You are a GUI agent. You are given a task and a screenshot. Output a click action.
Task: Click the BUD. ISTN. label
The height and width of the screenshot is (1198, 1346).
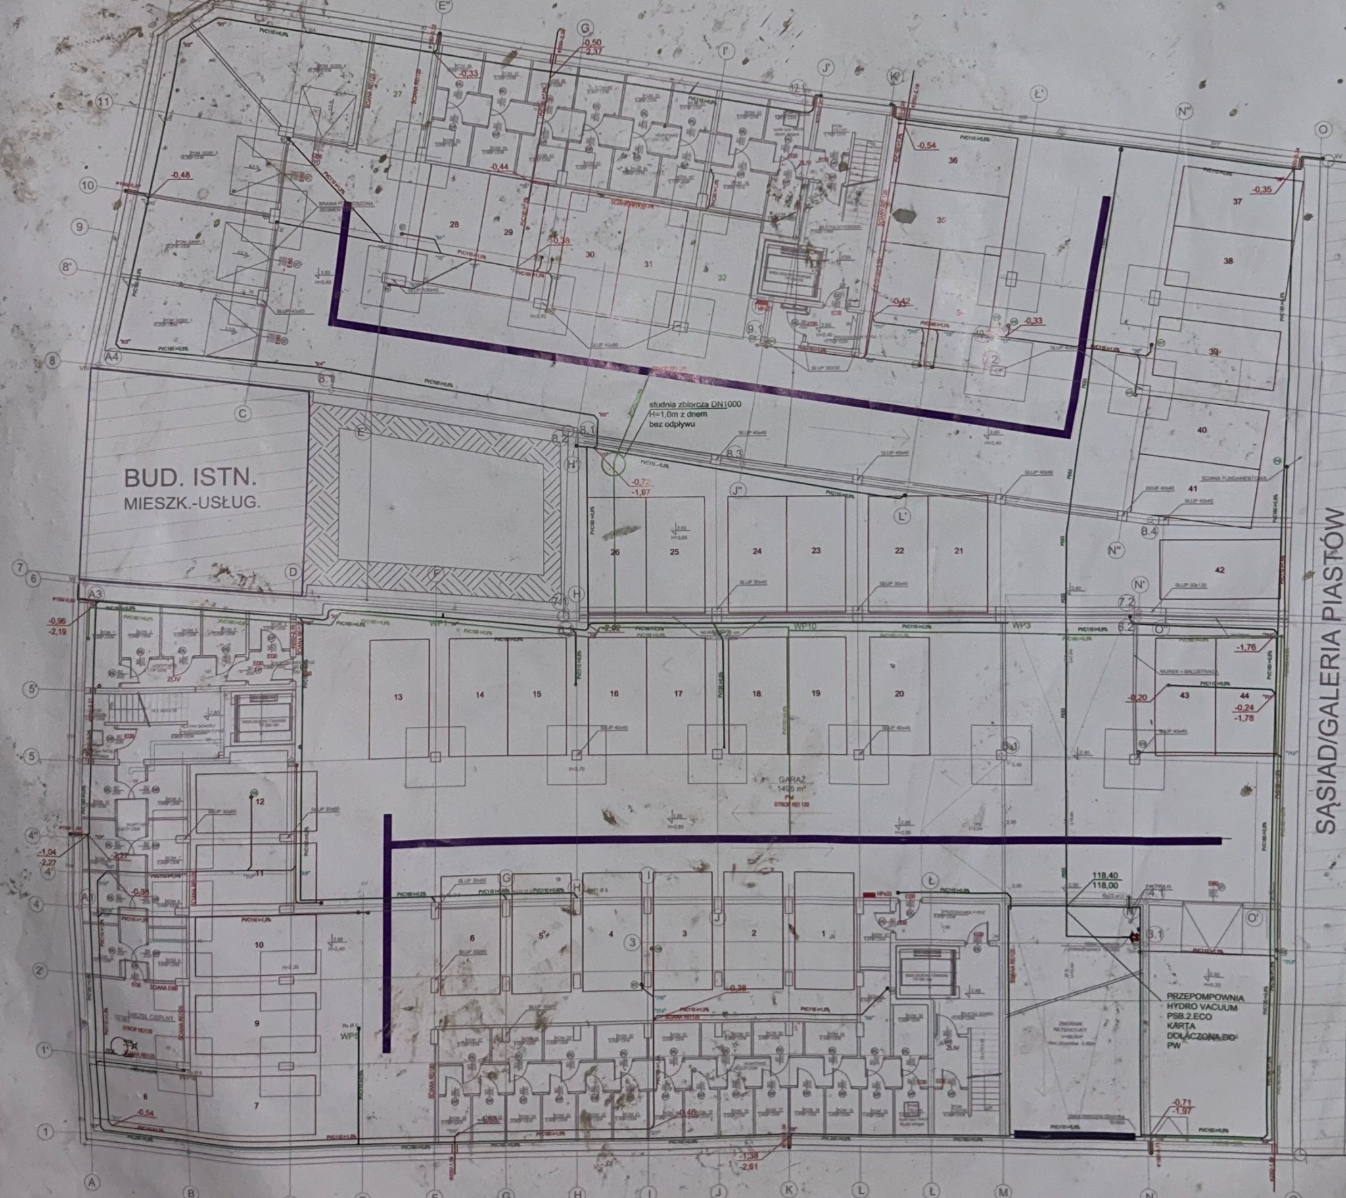click(x=191, y=476)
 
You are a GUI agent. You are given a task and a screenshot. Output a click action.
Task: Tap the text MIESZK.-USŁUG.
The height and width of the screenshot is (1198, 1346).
click(x=192, y=503)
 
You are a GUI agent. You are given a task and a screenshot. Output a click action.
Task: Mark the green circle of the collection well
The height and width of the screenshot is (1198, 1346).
click(x=613, y=464)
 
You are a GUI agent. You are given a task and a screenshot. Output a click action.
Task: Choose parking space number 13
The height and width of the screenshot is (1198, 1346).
click(x=398, y=697)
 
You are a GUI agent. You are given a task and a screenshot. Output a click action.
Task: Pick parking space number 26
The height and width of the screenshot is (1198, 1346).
click(x=615, y=552)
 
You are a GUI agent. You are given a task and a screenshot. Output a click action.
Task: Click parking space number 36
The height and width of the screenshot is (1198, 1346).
click(x=952, y=160)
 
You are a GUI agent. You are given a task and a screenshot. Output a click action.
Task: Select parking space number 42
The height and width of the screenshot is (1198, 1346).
click(x=1220, y=570)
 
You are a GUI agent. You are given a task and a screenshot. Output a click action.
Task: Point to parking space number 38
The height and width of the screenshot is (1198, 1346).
click(x=1228, y=261)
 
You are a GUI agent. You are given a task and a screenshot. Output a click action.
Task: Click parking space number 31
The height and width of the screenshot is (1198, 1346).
click(x=648, y=264)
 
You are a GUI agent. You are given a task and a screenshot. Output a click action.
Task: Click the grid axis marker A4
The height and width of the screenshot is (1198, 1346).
click(x=114, y=357)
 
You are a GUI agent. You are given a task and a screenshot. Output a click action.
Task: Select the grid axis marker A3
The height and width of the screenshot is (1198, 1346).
click(x=96, y=594)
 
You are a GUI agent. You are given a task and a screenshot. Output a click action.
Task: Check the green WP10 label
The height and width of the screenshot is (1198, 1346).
click(x=804, y=626)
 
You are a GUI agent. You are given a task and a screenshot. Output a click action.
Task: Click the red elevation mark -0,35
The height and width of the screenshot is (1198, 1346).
click(x=1263, y=190)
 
